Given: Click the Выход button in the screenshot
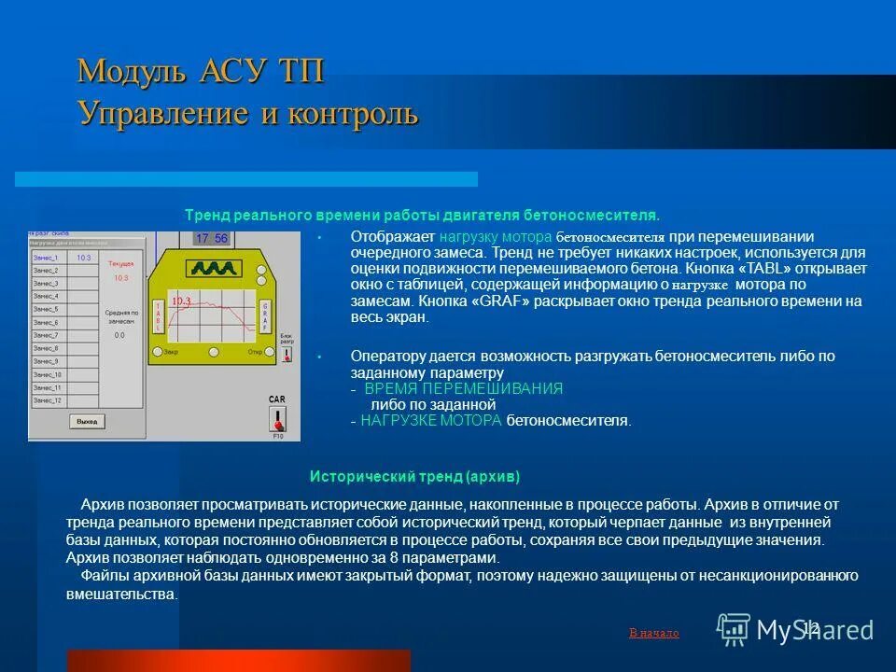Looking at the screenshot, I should tap(87, 422).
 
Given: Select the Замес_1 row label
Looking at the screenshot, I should tap(46, 258).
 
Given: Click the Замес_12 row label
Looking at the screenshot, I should tap(47, 400).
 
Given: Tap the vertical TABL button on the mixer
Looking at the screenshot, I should tap(159, 317).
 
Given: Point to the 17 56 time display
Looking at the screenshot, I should tap(210, 239).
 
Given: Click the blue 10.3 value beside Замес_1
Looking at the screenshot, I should tap(84, 258).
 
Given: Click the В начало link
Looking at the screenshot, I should tap(653, 633).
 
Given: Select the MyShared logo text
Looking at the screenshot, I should tap(815, 630).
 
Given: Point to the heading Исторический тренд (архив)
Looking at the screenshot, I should tap(414, 475).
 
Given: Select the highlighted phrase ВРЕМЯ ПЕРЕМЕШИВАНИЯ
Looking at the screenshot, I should tap(463, 388).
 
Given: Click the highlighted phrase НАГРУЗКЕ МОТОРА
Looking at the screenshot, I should tap(430, 421).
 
